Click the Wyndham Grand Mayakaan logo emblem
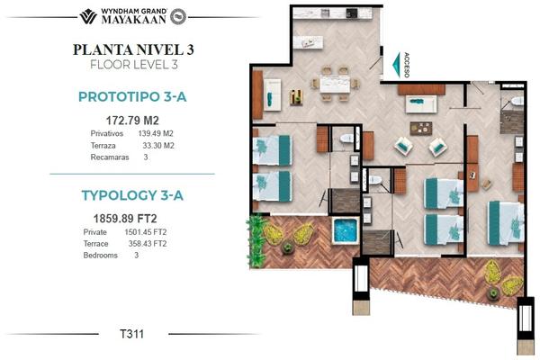(88, 16)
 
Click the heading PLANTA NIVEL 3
(133, 49)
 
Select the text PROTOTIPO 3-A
(132, 97)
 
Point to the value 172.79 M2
(132, 121)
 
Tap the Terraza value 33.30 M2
(158, 146)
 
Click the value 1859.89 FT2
(125, 219)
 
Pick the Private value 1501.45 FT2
(146, 232)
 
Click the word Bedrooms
(101, 256)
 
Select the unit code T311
(132, 334)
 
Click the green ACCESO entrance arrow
(398, 65)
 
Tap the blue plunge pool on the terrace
(346, 230)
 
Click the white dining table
(335, 85)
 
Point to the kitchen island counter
(308, 42)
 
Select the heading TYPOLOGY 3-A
(132, 195)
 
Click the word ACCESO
(407, 65)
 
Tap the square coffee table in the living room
(421, 128)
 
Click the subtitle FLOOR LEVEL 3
(134, 65)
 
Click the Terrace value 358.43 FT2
(148, 244)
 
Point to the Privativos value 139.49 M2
(156, 133)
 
